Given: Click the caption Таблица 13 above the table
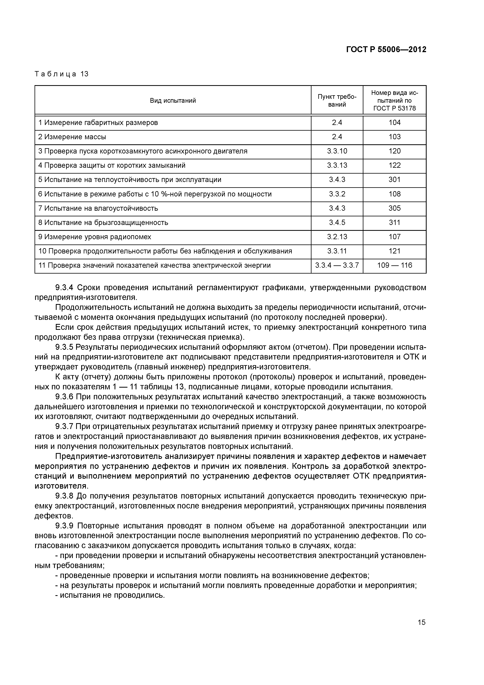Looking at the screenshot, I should [62, 74].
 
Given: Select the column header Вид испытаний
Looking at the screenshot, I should [173, 101].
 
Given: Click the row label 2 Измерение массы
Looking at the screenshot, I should [72, 137].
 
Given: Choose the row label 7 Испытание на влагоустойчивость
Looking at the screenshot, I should [98, 208].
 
